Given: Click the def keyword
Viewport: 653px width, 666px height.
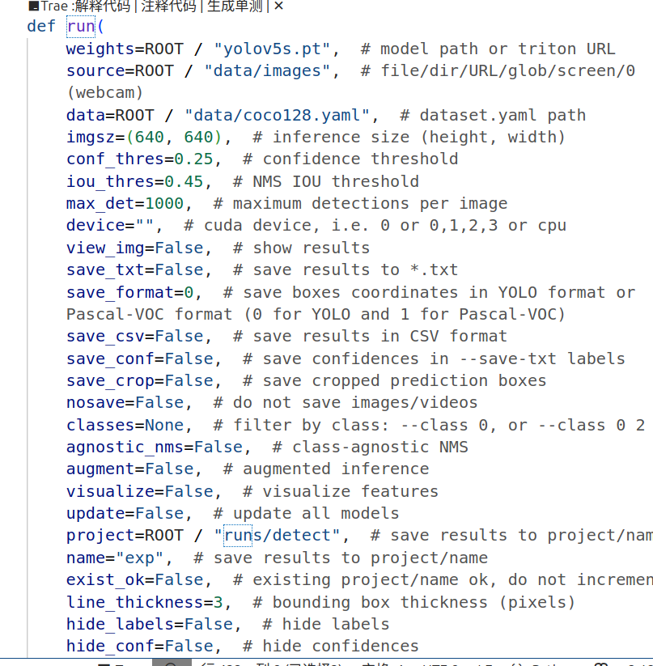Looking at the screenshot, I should coord(41,26).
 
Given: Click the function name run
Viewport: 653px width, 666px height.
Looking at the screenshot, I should coord(81,26).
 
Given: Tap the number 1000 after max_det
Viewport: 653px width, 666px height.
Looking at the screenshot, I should coord(164,203).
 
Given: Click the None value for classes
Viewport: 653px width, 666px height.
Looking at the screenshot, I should coord(164,425).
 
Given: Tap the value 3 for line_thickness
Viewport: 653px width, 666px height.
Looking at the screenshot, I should coord(228,602).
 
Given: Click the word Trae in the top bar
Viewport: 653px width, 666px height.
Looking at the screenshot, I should coord(54,6).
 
